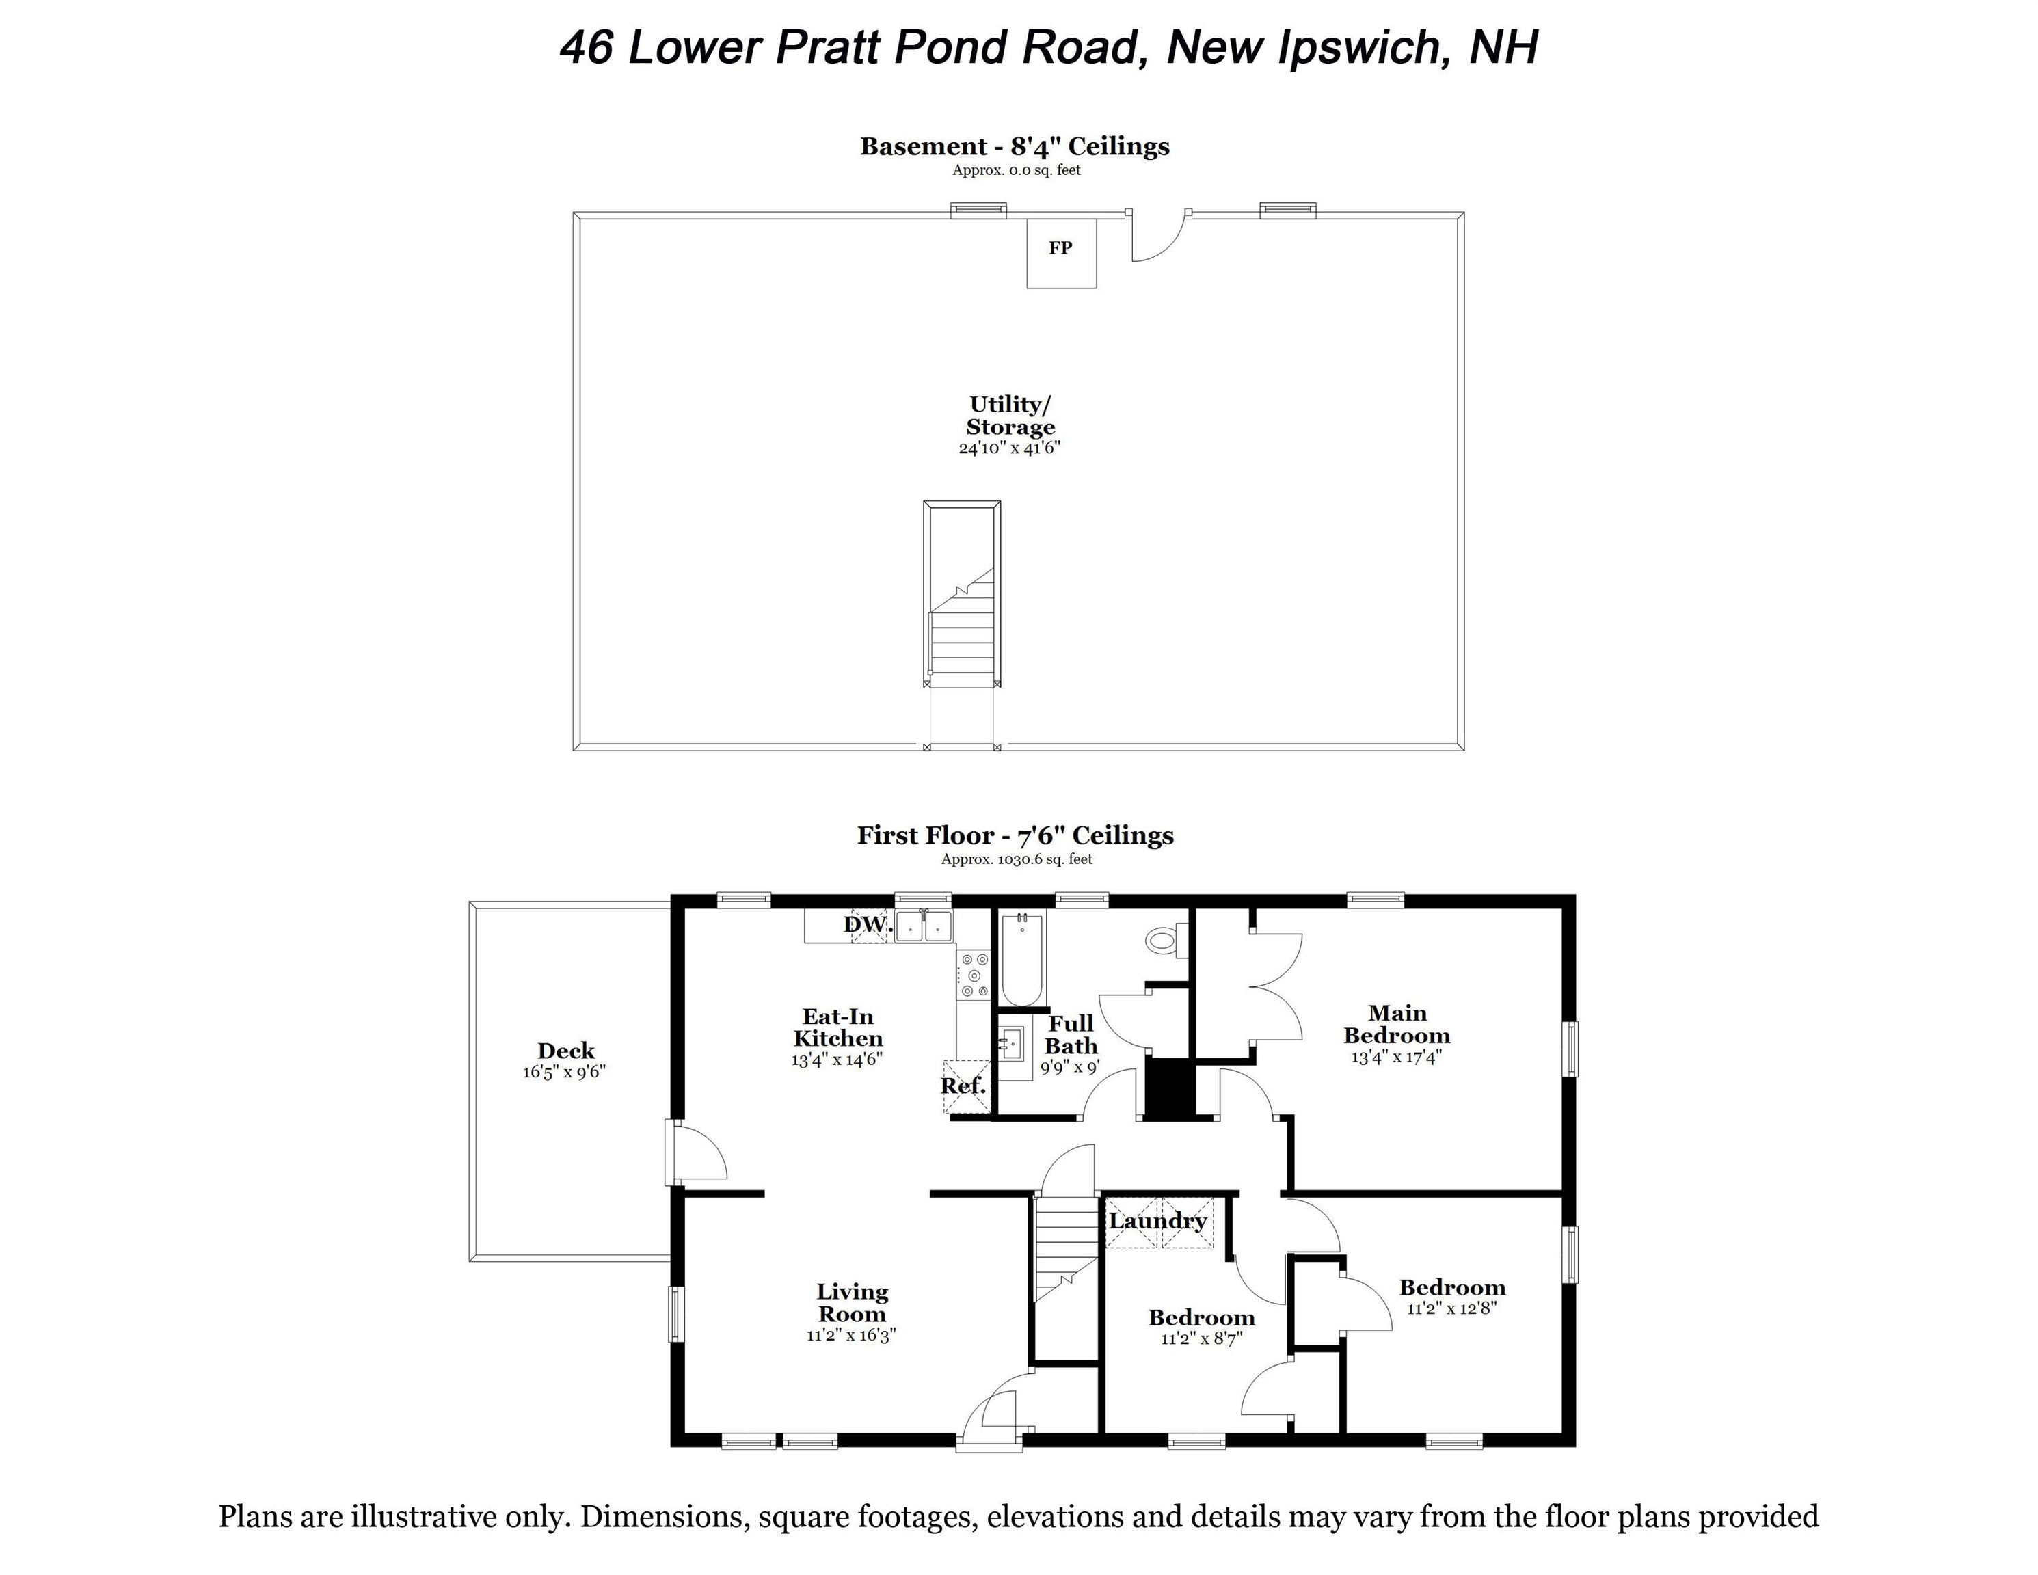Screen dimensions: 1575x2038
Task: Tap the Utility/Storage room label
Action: (1010, 416)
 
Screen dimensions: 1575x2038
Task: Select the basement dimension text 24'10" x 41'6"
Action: (1010, 448)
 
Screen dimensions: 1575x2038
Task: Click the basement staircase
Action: (962, 616)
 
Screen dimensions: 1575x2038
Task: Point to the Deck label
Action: (565, 1051)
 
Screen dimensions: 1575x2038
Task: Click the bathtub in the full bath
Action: (1022, 961)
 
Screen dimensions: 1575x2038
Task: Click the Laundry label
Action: (1158, 1222)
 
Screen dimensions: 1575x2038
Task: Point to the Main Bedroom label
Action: (1396, 1025)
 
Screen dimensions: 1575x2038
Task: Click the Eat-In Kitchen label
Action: (838, 1027)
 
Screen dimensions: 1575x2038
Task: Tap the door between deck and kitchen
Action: (695, 1153)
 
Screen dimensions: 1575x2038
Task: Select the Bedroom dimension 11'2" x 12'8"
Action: (1452, 1308)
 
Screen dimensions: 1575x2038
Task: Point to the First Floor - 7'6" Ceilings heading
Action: (1015, 835)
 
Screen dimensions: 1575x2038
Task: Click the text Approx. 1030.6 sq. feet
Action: (1016, 859)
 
